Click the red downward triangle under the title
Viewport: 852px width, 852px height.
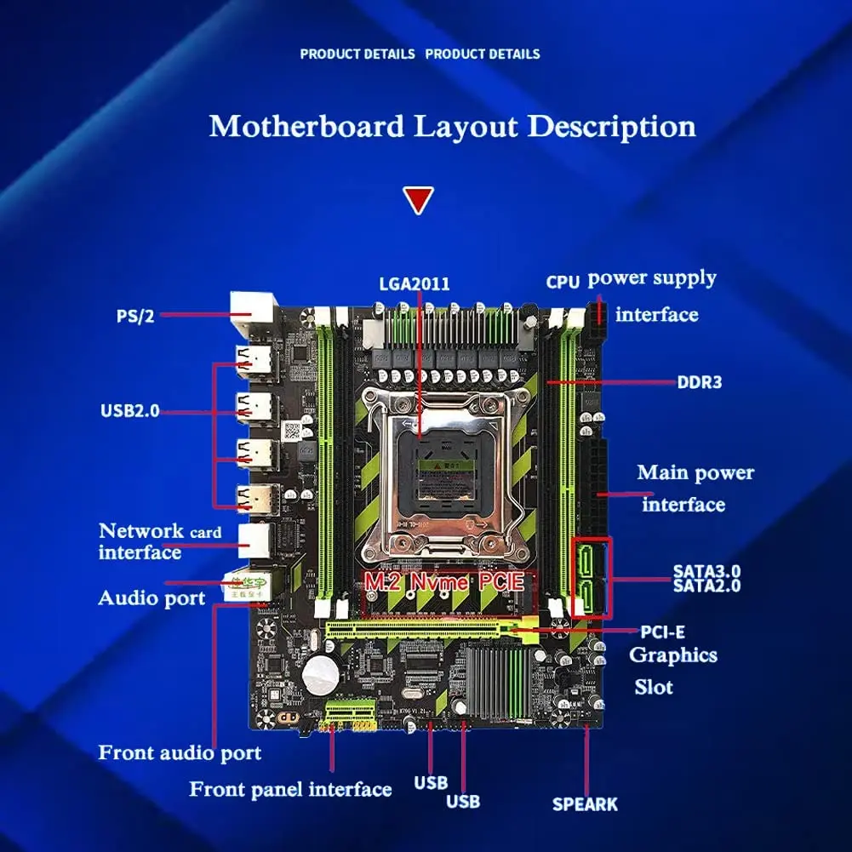(x=418, y=200)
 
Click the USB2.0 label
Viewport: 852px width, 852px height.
(x=129, y=411)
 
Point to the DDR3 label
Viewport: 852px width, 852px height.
(x=699, y=382)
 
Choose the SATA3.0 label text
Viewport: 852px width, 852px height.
(x=706, y=571)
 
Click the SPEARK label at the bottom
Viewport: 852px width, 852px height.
(x=585, y=803)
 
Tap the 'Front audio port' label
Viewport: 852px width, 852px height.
(x=180, y=753)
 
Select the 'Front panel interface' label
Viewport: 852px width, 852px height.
(x=290, y=789)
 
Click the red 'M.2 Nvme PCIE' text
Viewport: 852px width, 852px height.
(x=445, y=583)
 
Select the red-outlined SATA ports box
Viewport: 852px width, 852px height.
(x=592, y=577)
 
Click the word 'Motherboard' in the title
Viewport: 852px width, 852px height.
(x=307, y=127)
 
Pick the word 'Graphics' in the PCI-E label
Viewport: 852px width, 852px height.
(x=672, y=655)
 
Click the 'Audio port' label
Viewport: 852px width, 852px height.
(x=152, y=598)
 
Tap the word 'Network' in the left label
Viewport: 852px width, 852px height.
(x=141, y=531)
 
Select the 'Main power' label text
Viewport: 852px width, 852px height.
(x=695, y=472)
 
